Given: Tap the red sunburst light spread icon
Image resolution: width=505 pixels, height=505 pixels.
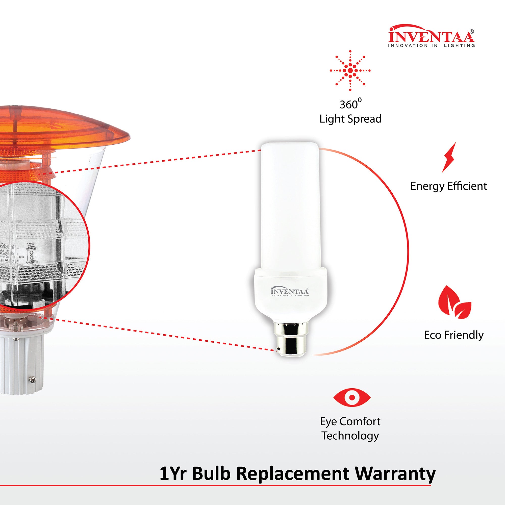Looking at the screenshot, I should click(x=350, y=71).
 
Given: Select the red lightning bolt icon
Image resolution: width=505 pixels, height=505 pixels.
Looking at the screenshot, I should click(x=449, y=157).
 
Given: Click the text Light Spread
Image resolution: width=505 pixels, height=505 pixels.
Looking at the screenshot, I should click(x=350, y=119).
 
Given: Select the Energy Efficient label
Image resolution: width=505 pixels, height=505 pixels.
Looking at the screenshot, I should click(x=448, y=186).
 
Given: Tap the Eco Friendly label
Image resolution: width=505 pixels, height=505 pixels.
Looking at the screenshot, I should click(x=454, y=335).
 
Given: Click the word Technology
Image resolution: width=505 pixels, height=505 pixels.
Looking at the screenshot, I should click(x=350, y=436).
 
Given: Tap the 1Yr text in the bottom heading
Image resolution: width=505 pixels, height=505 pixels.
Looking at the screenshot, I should click(x=174, y=473).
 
